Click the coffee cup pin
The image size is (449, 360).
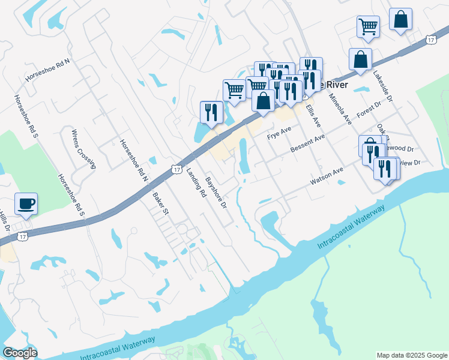click(26, 204)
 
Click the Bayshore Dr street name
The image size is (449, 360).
click(216, 192)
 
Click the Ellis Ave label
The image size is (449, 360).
click(313, 115)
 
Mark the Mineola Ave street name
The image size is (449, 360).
click(339, 109)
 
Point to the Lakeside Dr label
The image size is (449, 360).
click(382, 86)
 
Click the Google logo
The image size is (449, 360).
click(20, 353)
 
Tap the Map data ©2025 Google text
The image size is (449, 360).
click(411, 355)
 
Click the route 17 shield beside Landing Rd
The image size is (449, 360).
click(176, 170)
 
